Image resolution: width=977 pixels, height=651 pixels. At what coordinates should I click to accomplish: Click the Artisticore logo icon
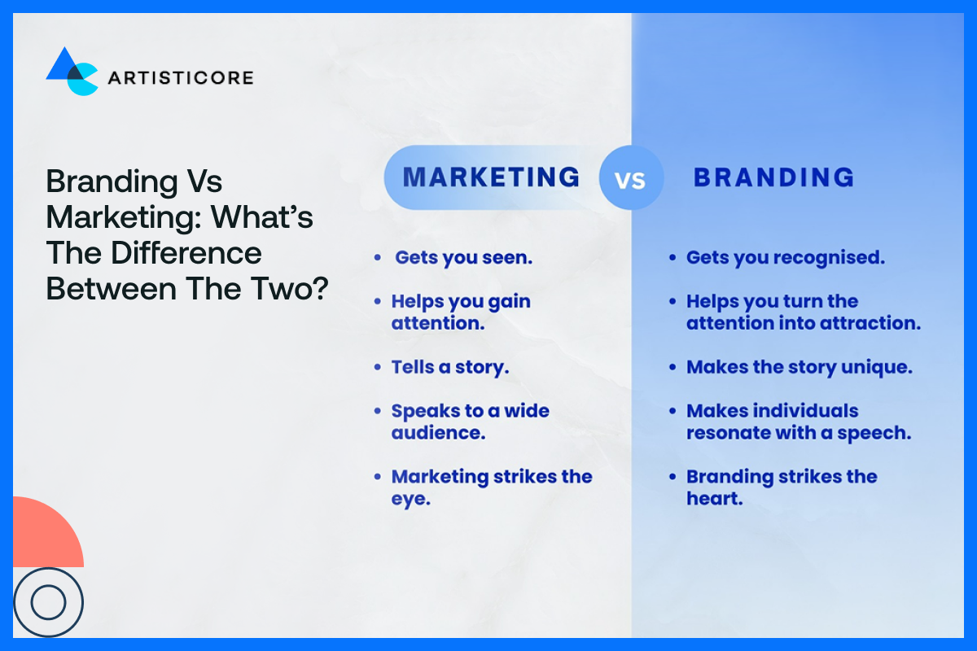(72, 72)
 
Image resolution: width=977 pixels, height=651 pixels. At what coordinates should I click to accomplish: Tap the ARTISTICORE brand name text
(180, 78)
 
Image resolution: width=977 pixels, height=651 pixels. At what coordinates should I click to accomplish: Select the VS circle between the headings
(631, 178)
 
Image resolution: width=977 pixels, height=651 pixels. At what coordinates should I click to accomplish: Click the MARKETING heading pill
(491, 177)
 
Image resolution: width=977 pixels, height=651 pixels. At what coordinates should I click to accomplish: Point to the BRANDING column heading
(773, 177)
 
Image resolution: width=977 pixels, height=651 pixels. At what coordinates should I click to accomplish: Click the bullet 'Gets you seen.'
(462, 258)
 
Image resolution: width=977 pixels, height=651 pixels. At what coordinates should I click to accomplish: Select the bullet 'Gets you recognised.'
(785, 258)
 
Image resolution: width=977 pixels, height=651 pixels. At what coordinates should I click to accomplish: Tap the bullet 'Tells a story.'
(449, 367)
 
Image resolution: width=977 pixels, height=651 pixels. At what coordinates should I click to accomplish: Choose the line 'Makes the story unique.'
(799, 367)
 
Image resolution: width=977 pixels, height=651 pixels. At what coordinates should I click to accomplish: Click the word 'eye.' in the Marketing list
(410, 499)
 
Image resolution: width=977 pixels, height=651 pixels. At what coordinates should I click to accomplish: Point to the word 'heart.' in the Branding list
(714, 499)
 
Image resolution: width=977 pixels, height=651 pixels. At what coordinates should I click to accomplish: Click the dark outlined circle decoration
(47, 602)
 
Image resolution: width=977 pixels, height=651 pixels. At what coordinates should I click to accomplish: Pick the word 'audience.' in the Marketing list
(438, 433)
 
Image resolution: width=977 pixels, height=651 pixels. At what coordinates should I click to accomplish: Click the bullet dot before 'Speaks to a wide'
(377, 411)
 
